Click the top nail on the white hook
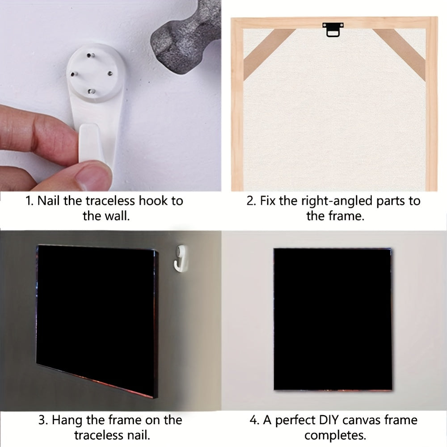click(x=91, y=55)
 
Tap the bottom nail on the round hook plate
click(x=92, y=91)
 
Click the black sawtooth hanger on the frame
click(x=333, y=30)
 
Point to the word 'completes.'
click(x=335, y=435)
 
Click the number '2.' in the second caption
click(x=251, y=201)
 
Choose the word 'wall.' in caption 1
click(x=118, y=216)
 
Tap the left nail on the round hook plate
click(x=74, y=74)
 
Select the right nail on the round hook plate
click(x=110, y=74)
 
